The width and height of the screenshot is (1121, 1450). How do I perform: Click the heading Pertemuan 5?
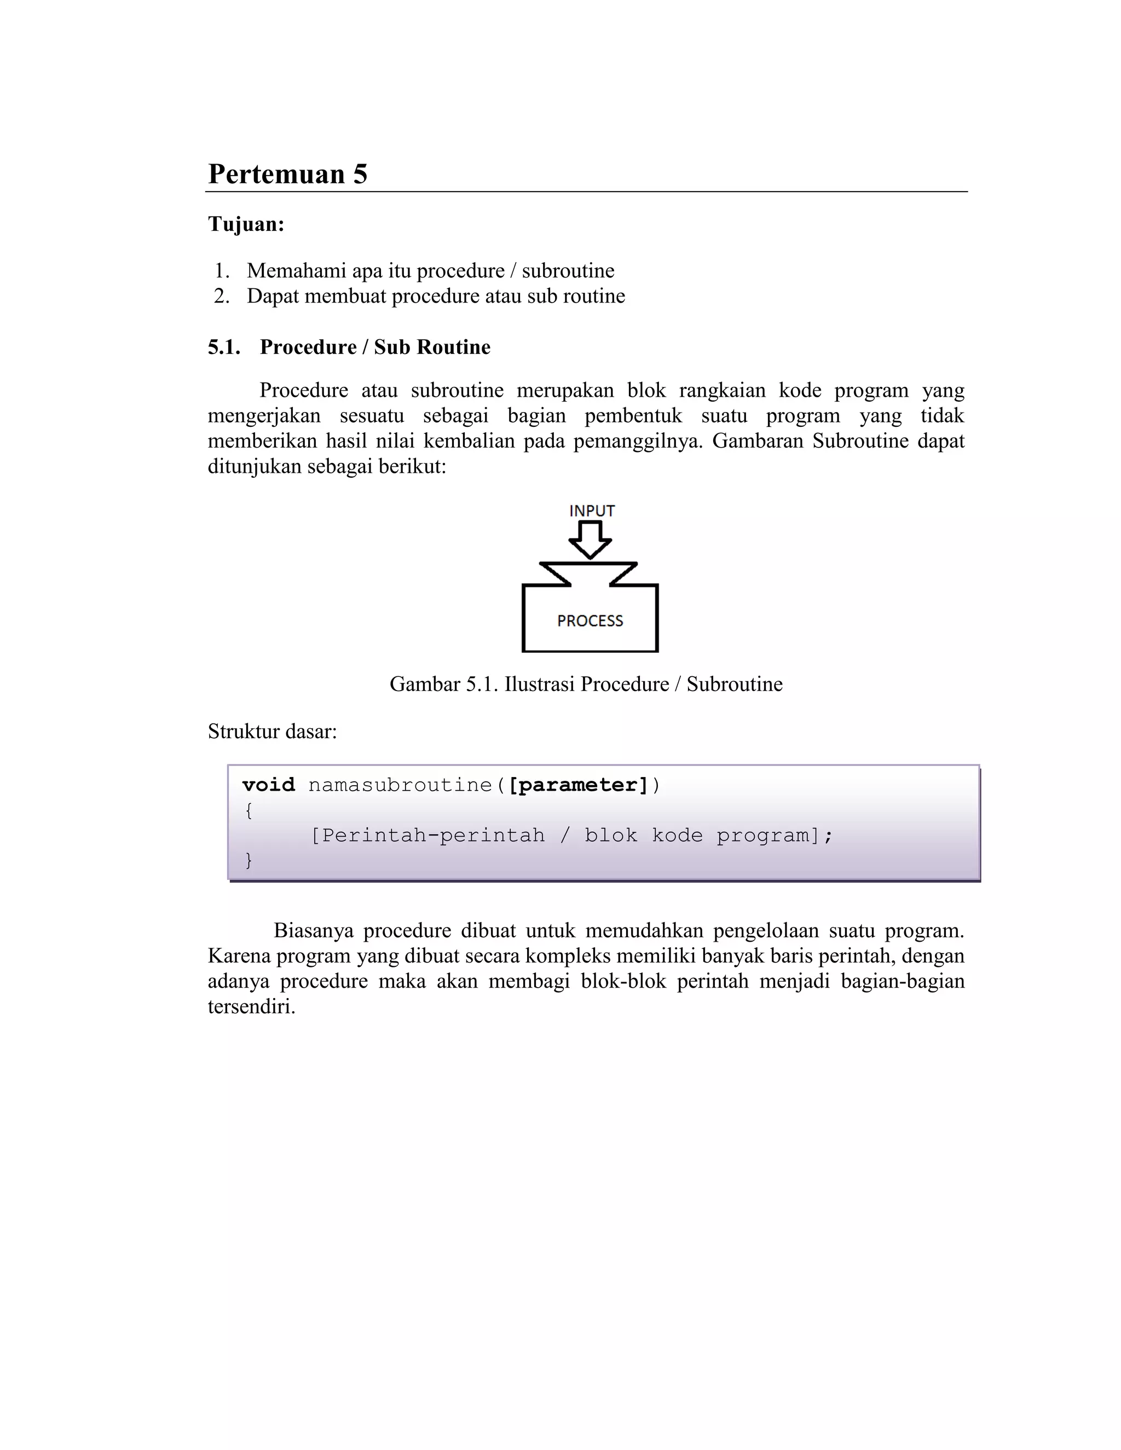[287, 174]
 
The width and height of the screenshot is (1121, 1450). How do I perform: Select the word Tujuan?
[246, 224]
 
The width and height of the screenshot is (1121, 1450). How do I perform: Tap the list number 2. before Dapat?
[222, 296]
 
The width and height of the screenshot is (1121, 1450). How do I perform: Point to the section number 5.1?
[224, 347]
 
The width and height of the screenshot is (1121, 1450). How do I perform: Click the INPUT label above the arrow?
[592, 511]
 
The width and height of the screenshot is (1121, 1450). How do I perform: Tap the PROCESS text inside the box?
[590, 621]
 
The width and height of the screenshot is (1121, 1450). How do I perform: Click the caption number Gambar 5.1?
[443, 685]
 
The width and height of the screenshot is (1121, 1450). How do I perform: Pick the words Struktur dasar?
[272, 732]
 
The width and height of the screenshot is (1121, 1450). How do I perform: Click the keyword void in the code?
[268, 785]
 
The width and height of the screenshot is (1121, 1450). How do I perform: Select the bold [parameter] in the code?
[578, 785]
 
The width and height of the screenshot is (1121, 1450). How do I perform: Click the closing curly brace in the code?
[249, 861]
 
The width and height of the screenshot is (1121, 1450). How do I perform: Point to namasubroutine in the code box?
[400, 785]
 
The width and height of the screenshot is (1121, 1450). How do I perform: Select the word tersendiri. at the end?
[251, 1007]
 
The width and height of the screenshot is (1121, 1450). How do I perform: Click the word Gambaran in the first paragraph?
[758, 442]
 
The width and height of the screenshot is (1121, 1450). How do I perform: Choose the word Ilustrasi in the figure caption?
[540, 685]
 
